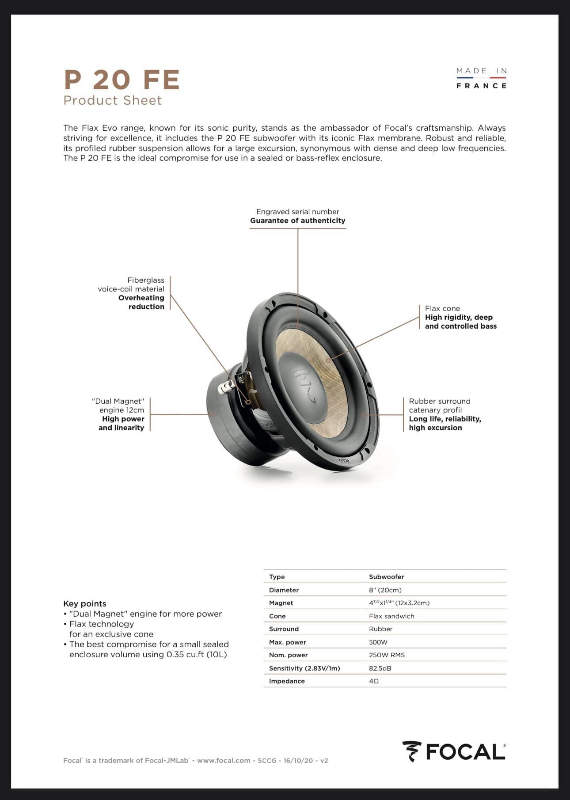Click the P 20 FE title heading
click(122, 80)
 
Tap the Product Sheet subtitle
click(113, 100)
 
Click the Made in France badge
click(481, 78)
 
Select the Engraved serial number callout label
click(297, 216)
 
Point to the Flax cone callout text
click(460, 317)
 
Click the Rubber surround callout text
click(445, 414)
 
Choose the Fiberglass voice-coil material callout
click(131, 293)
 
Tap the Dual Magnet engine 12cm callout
click(118, 414)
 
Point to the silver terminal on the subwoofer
click(225, 387)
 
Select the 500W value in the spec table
click(378, 642)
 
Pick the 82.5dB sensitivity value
click(380, 668)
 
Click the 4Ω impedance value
click(374, 681)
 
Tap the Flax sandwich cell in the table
click(391, 616)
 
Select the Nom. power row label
click(288, 655)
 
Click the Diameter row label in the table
click(284, 590)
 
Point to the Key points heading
click(85, 603)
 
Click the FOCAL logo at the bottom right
click(454, 752)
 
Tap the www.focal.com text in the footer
click(224, 760)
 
